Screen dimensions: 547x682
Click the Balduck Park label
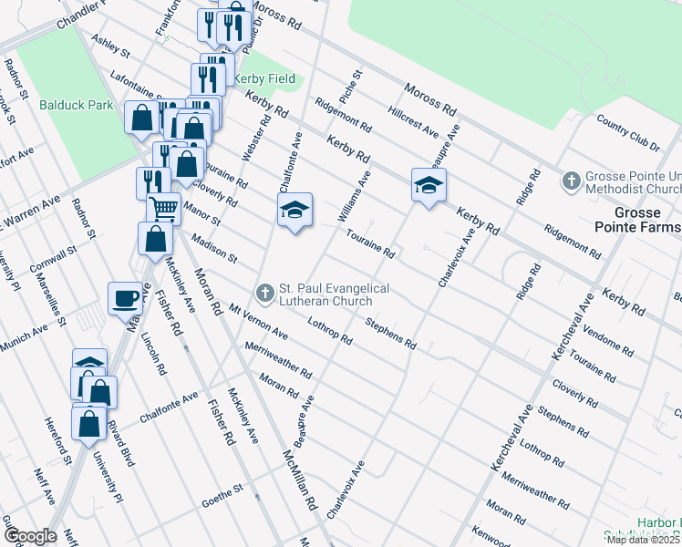(77, 105)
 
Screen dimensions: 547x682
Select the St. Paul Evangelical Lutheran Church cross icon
(265, 293)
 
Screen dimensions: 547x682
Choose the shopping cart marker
(163, 208)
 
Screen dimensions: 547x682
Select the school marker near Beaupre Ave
(429, 185)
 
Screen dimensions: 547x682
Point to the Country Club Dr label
(627, 132)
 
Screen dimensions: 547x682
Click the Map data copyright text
(644, 540)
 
